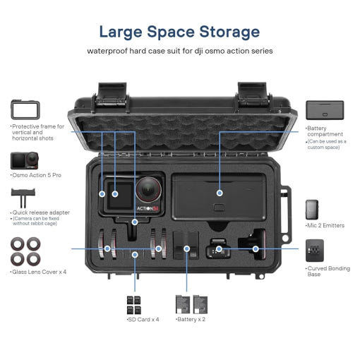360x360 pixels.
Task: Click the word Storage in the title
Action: [x=229, y=32]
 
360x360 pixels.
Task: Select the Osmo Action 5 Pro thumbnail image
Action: [x=25, y=161]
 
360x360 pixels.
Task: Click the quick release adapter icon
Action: [x=23, y=197]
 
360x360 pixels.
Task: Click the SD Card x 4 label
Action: [x=143, y=319]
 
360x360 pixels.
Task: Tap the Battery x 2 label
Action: [x=191, y=319]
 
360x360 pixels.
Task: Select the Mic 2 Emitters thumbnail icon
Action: [x=312, y=210]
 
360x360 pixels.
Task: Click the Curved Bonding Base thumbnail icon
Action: [x=315, y=251]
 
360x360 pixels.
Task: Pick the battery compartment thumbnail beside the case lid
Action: [x=325, y=110]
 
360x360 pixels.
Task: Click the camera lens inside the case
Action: [x=148, y=189]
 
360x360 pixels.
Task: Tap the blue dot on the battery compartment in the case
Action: [x=220, y=193]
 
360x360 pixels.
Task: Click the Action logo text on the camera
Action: [x=148, y=208]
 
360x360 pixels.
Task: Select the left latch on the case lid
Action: [x=112, y=96]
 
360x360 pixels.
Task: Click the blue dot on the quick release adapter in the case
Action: [x=135, y=222]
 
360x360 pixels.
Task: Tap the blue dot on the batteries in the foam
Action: [x=187, y=248]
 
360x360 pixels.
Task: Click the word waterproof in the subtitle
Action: [x=107, y=51]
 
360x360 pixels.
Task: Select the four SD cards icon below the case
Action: [x=134, y=305]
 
